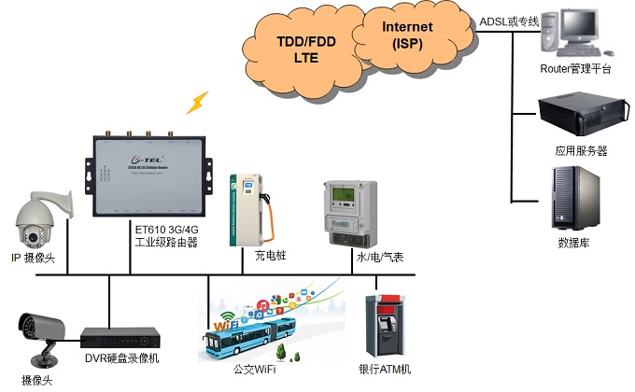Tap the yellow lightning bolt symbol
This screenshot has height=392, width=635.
(197, 101)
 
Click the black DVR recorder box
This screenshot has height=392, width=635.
(113, 343)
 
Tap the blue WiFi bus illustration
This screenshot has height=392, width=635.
(248, 330)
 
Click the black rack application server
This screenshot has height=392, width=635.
(574, 115)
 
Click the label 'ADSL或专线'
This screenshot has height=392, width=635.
(509, 21)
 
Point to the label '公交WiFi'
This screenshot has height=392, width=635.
(254, 371)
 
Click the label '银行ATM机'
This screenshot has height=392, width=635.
(386, 371)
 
